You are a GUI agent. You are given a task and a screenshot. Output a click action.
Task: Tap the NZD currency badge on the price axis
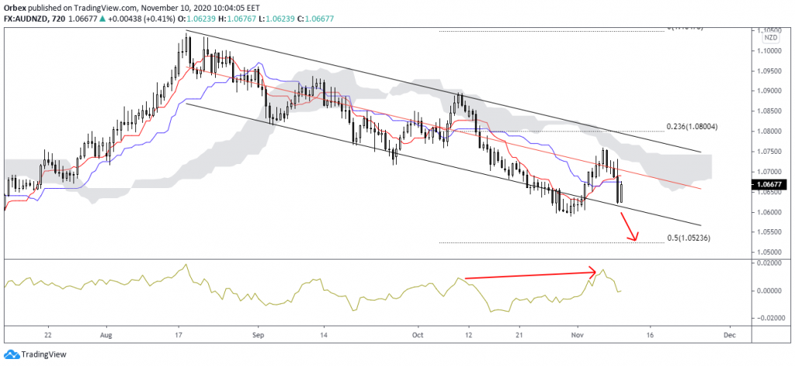coord(769,37)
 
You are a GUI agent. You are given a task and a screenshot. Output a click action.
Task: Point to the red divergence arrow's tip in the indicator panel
coord(595,271)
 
